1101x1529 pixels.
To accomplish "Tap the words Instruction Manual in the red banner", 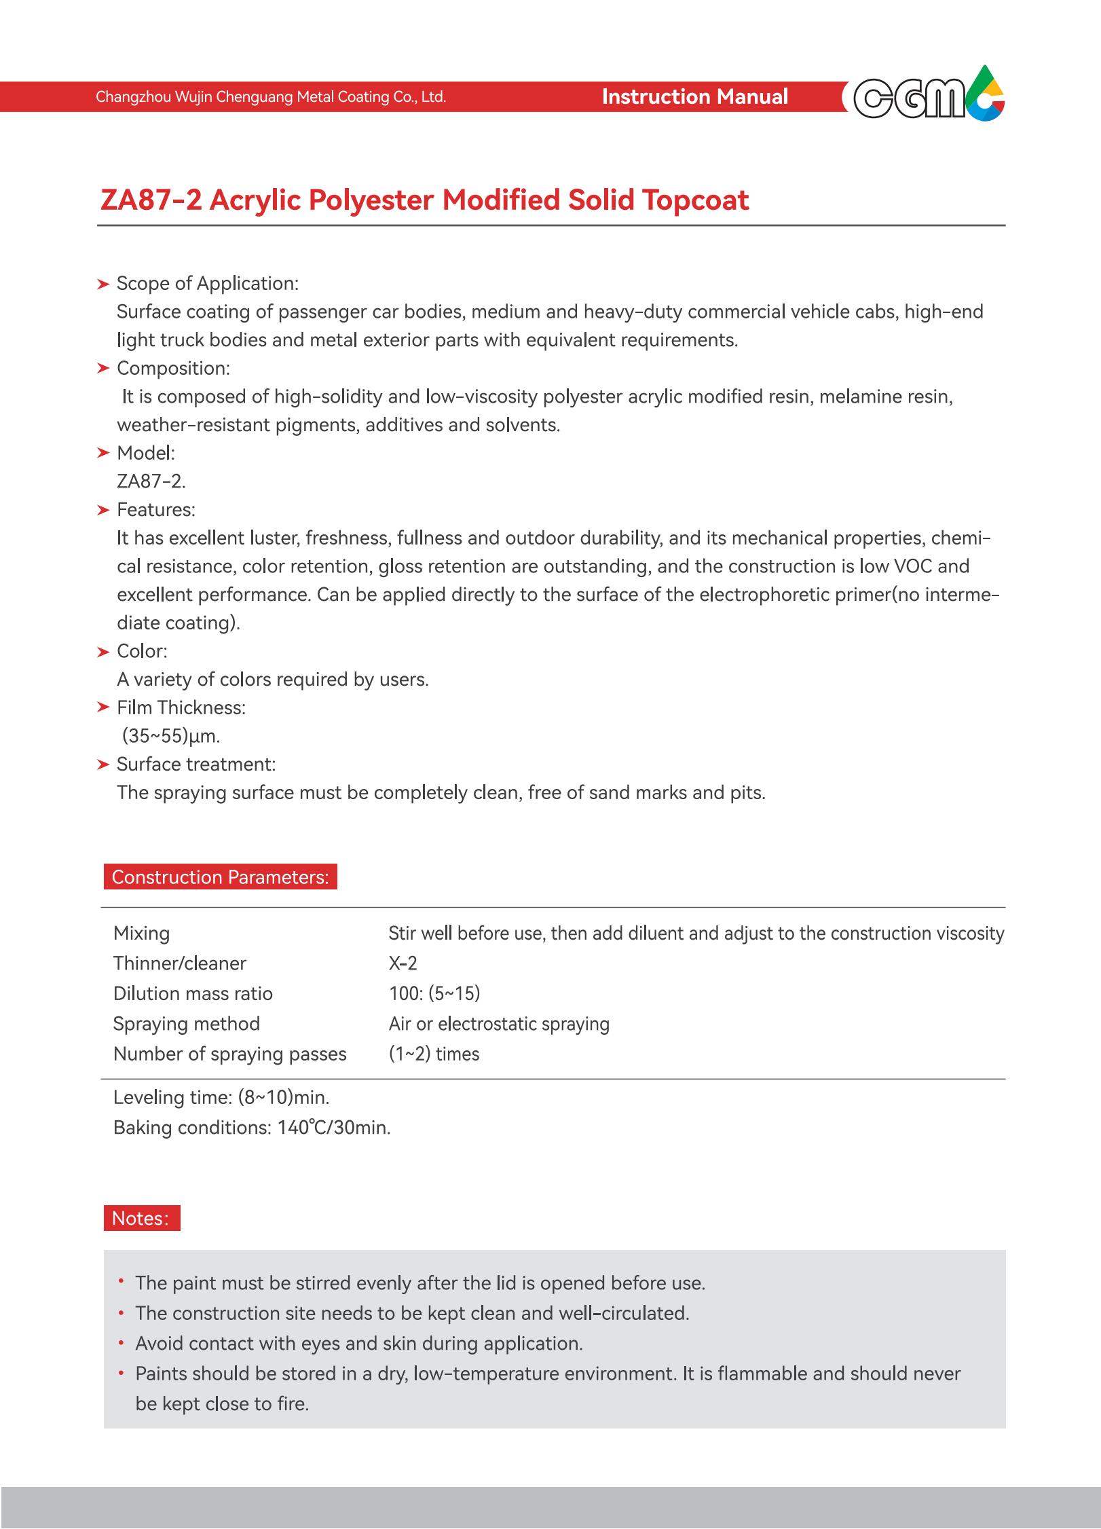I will tap(694, 97).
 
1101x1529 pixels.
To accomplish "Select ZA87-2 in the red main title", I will tap(151, 200).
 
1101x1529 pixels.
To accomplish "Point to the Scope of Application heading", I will tap(207, 283).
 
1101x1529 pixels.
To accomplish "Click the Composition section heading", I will tap(173, 368).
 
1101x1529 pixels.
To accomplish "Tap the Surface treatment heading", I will tap(195, 764).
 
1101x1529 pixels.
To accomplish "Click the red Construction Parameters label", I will tap(220, 877).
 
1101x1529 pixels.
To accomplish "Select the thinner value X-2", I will tap(403, 963).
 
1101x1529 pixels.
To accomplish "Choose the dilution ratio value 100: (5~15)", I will tap(434, 993).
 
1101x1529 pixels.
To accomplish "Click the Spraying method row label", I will tap(187, 1024).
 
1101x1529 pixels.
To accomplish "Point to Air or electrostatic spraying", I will tap(499, 1024).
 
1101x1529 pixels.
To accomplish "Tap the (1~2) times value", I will tap(434, 1054).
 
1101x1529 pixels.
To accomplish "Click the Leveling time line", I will tap(221, 1098).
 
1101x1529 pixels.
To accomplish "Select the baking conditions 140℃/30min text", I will tap(333, 1128).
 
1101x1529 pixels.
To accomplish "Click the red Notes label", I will tap(141, 1218).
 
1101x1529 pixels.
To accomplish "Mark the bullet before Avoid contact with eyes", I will tap(121, 1343).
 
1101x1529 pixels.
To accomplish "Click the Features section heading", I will tap(155, 510).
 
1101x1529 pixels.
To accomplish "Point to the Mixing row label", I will tap(141, 934).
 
